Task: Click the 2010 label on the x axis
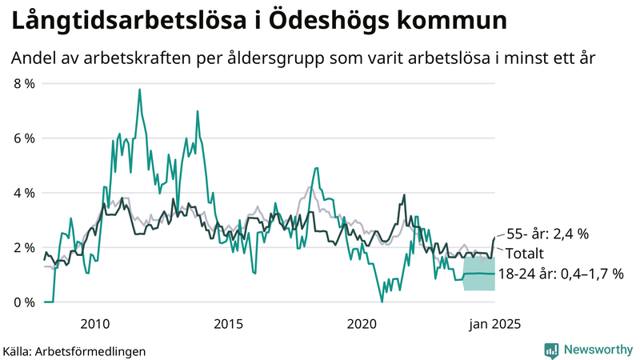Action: click(95, 324)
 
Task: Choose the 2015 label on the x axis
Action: click(228, 324)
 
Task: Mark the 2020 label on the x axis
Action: click(362, 324)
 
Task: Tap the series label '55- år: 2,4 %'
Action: click(548, 234)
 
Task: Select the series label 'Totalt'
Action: click(525, 254)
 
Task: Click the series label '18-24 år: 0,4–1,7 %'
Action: click(560, 274)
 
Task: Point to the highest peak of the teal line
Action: click(139, 90)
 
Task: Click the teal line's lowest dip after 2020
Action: click(382, 301)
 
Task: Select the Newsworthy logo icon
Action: click(551, 350)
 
